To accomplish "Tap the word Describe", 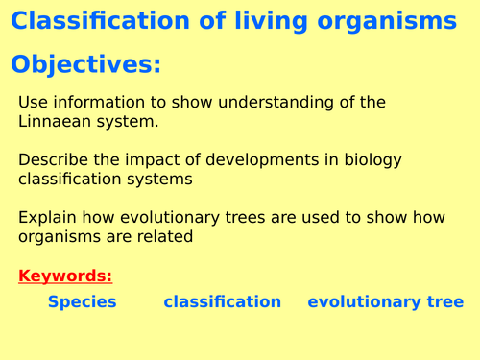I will pos(54,159).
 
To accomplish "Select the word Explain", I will pos(47,217).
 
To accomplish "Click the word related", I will pos(164,236).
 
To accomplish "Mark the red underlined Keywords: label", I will pos(65,276).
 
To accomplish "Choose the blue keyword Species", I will pos(82,301).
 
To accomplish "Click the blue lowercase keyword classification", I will pos(222,301).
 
